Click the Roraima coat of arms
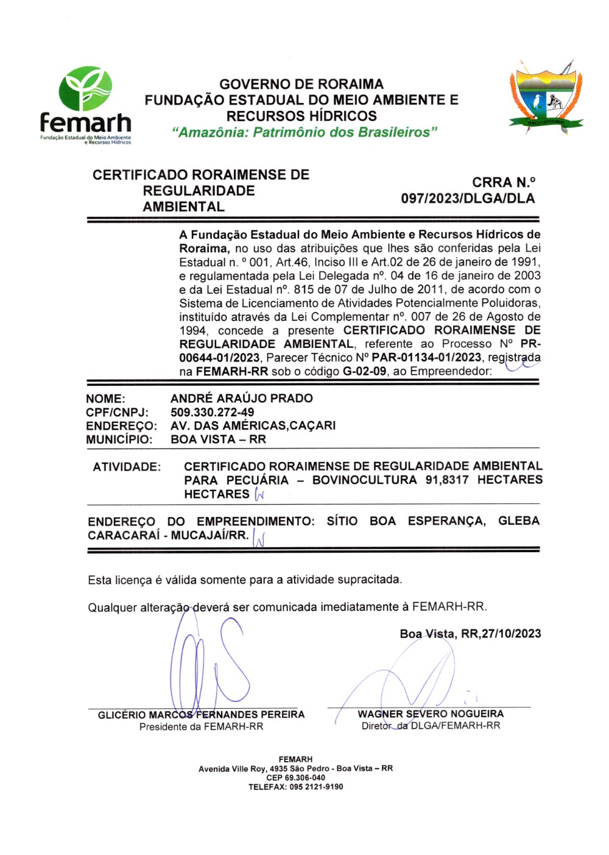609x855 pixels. (x=546, y=97)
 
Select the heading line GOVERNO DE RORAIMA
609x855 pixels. (x=301, y=84)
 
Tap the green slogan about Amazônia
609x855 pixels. (x=304, y=132)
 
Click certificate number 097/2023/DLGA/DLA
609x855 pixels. (x=468, y=199)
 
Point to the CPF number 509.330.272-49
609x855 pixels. (x=212, y=412)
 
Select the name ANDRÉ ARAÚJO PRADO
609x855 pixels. (x=241, y=398)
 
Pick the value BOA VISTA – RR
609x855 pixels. (x=218, y=439)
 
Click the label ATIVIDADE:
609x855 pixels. (x=127, y=467)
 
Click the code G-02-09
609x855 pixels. (x=364, y=371)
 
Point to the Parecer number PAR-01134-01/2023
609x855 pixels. (x=426, y=358)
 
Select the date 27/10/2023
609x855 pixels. (x=510, y=634)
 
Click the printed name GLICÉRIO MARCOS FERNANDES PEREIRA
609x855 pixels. (x=201, y=714)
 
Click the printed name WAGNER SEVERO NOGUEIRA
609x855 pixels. (x=431, y=714)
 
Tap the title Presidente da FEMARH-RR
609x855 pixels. (x=201, y=726)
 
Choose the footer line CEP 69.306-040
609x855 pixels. (x=295, y=778)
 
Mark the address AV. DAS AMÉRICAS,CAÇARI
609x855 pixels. (x=253, y=425)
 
